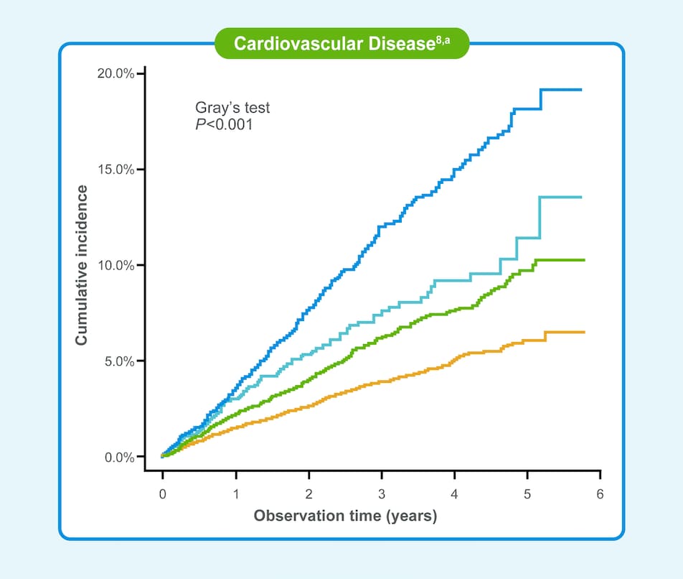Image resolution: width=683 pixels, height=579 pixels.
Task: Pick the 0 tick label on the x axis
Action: (163, 496)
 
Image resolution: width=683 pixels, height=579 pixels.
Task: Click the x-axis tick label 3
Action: (381, 496)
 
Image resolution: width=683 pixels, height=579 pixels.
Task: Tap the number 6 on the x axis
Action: (600, 496)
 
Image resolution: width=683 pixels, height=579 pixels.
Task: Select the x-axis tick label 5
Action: (527, 496)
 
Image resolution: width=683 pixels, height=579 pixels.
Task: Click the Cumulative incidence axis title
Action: (83, 265)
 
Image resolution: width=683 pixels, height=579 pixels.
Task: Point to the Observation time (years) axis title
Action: (345, 516)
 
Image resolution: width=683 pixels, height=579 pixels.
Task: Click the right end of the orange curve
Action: (583, 332)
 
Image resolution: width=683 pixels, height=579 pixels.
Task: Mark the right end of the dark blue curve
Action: (580, 90)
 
